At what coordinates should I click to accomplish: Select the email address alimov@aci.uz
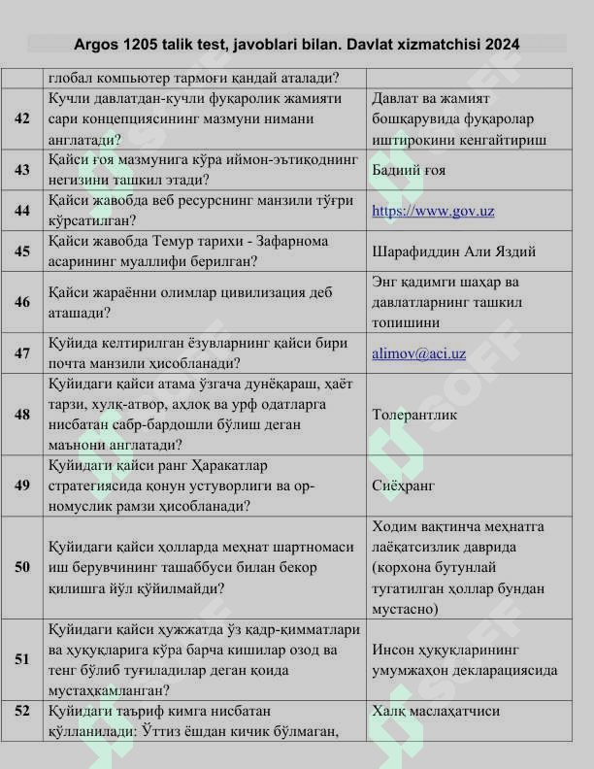click(418, 353)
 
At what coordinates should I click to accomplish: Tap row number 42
click(22, 118)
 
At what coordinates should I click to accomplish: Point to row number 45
click(22, 251)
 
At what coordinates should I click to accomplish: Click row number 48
click(22, 415)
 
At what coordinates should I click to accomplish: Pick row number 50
click(22, 567)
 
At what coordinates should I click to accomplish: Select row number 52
click(22, 711)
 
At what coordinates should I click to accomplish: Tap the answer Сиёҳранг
click(403, 485)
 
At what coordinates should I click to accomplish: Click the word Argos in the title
click(96, 45)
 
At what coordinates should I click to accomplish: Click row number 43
click(22, 169)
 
